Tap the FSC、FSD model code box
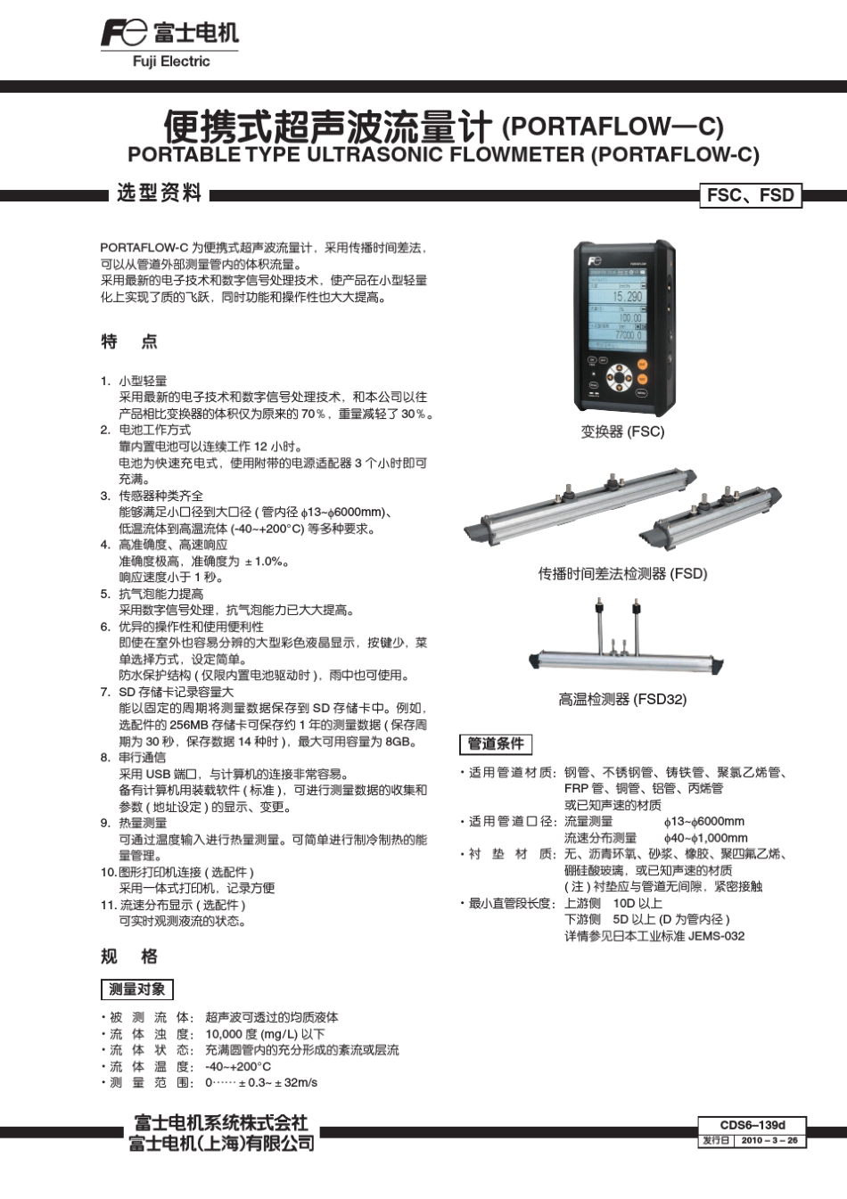click(x=750, y=195)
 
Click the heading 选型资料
click(x=160, y=193)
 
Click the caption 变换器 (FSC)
click(x=622, y=431)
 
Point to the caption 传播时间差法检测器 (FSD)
click(x=621, y=573)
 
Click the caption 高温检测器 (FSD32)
click(x=622, y=699)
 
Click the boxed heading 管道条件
click(x=496, y=743)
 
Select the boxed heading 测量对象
click(x=136, y=989)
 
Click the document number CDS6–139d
click(x=752, y=1125)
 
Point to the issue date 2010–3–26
click(x=769, y=1140)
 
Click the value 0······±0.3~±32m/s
click(x=261, y=1082)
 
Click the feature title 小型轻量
click(x=143, y=381)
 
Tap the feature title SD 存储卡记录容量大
click(x=177, y=692)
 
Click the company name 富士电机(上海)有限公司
click(x=221, y=1143)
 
